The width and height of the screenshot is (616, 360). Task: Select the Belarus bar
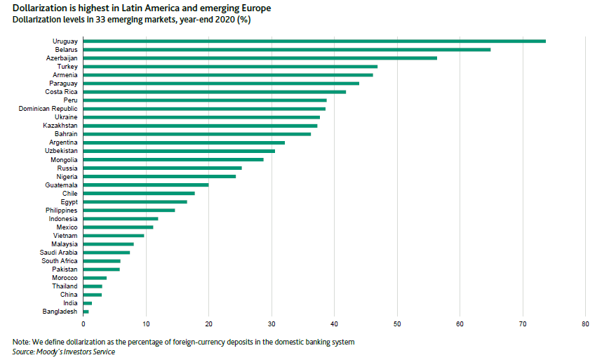[x=287, y=50]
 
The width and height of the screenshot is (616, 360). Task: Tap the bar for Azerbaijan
[x=260, y=58]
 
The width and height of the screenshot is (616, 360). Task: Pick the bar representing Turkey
[x=230, y=67]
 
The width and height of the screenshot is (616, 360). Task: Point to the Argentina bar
[x=184, y=142]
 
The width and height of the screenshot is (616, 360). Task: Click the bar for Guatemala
[x=146, y=185]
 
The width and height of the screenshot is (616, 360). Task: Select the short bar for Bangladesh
[x=86, y=311]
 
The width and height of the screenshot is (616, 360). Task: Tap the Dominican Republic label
[x=48, y=109]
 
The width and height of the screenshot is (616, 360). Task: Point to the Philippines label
[x=61, y=210]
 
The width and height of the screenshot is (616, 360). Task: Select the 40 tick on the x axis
[x=334, y=324]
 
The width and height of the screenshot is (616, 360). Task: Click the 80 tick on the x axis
[x=585, y=324]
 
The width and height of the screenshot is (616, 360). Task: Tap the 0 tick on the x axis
[x=83, y=324]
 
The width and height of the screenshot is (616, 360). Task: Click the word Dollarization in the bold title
[x=39, y=8]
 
